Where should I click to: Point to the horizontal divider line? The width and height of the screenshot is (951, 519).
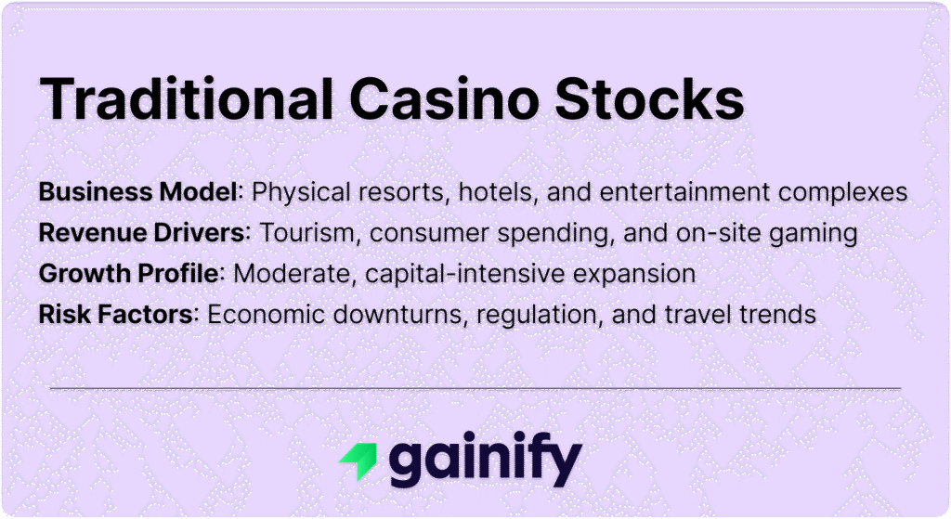(475, 387)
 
